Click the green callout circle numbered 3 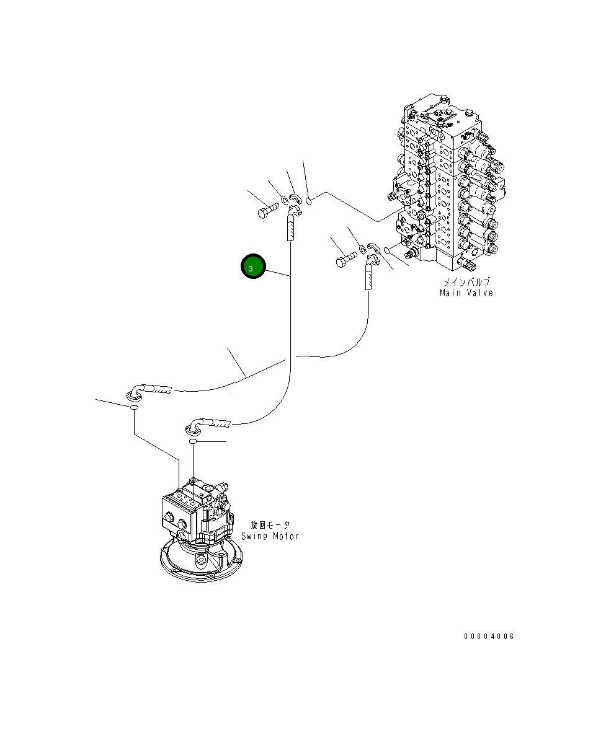[x=253, y=267]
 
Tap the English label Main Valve [x=466, y=293]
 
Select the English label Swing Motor [x=270, y=536]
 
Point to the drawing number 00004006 [x=489, y=637]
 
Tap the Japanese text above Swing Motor [x=270, y=525]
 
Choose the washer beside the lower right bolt [x=362, y=250]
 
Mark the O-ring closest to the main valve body [x=386, y=250]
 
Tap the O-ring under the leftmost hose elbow [x=133, y=408]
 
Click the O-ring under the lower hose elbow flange [x=194, y=441]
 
